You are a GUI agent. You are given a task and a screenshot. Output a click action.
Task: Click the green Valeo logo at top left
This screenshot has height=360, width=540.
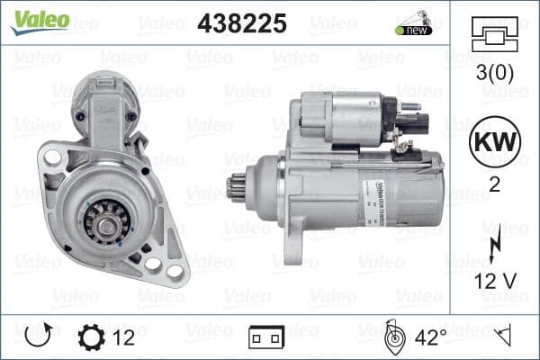click(x=40, y=21)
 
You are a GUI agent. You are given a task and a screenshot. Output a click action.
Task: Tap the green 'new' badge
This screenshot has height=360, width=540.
click(x=413, y=29)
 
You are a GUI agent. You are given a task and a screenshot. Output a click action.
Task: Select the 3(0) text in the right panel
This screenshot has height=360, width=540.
click(x=492, y=73)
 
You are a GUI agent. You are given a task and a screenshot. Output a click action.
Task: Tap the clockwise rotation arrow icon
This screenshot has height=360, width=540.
click(x=39, y=337)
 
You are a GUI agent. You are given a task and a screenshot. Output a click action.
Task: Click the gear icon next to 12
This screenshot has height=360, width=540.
click(x=93, y=337)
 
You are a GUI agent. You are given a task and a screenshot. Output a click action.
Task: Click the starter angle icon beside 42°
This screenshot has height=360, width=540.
click(x=393, y=337)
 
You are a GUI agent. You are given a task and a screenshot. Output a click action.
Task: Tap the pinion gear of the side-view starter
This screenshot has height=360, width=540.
click(x=237, y=189)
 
